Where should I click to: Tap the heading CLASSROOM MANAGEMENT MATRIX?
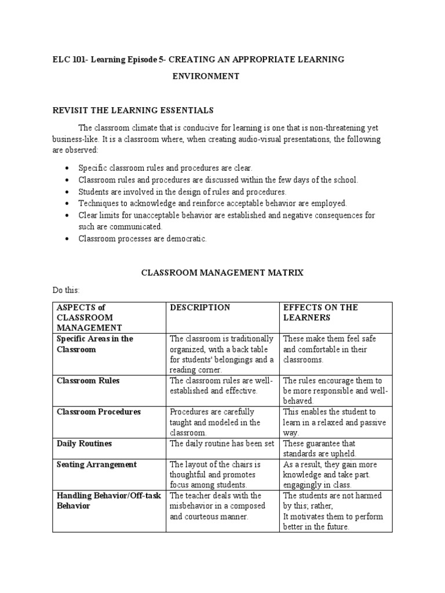[222, 272]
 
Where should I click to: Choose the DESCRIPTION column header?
[199, 308]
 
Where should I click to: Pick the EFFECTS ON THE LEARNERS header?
[320, 313]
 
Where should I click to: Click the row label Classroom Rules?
[88, 380]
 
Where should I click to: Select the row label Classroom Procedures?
[99, 412]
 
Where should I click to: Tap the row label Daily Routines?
[85, 443]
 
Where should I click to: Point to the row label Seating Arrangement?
[97, 464]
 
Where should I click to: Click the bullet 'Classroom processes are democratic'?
[142, 239]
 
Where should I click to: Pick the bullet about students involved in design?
[183, 191]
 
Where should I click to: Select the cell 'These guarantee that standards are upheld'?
[319, 448]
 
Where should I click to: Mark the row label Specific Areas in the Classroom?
[94, 344]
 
